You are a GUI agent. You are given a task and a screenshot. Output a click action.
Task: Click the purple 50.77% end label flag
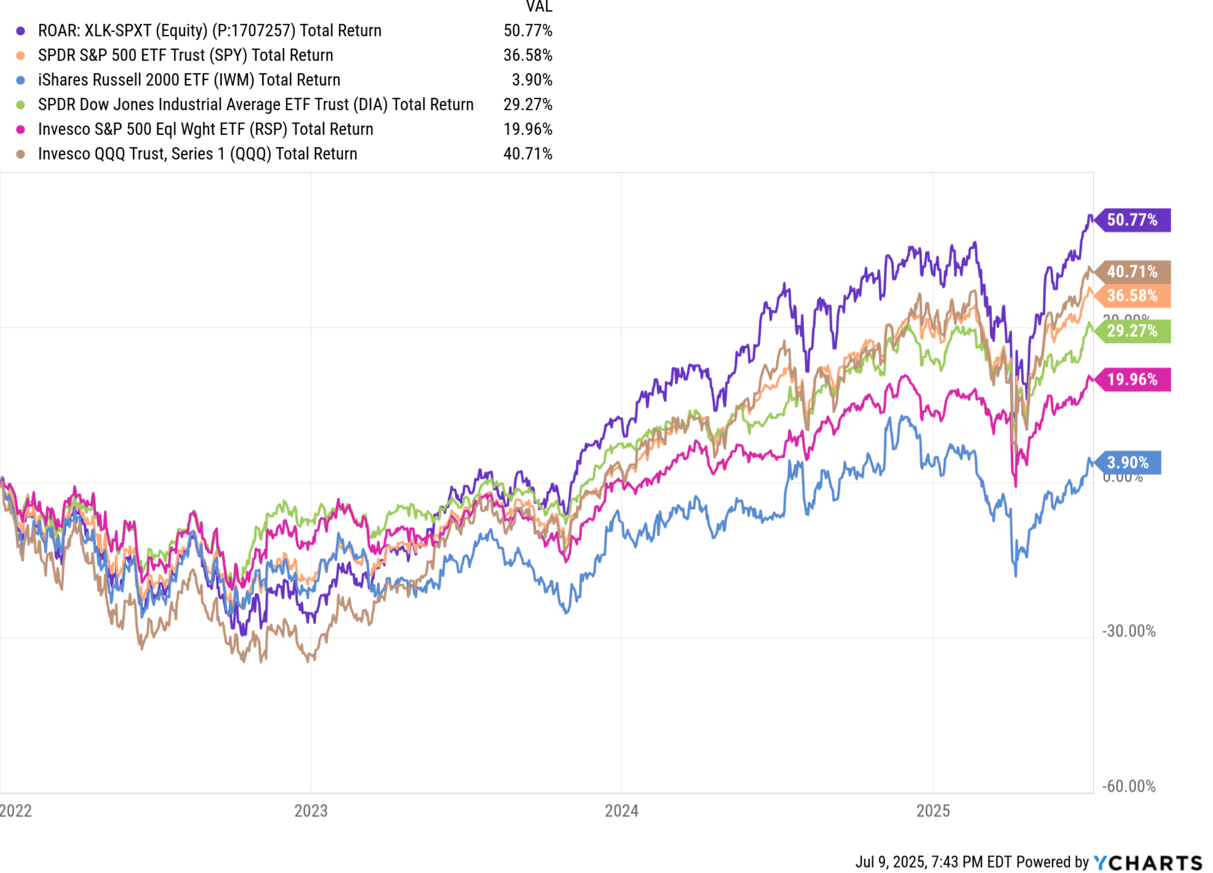1132,220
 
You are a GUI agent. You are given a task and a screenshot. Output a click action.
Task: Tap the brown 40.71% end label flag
1132,272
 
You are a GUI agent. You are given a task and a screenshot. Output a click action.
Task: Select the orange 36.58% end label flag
1132,296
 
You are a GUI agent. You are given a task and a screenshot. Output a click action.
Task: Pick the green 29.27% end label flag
1132,331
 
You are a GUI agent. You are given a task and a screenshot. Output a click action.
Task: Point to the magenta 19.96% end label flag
1132,380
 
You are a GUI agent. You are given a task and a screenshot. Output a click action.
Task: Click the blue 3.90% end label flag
1128,463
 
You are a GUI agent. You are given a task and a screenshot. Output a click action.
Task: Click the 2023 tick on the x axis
311,811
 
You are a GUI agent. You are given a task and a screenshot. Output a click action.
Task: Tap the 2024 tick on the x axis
622,811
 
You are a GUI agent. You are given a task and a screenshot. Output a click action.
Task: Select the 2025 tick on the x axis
933,811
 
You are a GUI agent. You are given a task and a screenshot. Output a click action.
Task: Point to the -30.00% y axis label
1129,632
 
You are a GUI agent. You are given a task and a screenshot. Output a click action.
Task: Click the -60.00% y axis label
1129,787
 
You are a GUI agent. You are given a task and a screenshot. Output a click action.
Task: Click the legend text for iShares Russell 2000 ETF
189,80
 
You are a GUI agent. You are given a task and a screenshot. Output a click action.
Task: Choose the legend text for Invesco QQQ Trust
197,154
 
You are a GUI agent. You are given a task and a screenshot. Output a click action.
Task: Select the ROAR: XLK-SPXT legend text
210,31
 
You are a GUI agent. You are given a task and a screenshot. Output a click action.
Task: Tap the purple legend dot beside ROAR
20,31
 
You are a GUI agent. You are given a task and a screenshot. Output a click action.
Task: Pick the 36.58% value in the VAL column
527,55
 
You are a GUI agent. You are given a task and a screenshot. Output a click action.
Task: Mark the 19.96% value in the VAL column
527,129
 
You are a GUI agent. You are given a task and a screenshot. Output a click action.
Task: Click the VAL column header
538,7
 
